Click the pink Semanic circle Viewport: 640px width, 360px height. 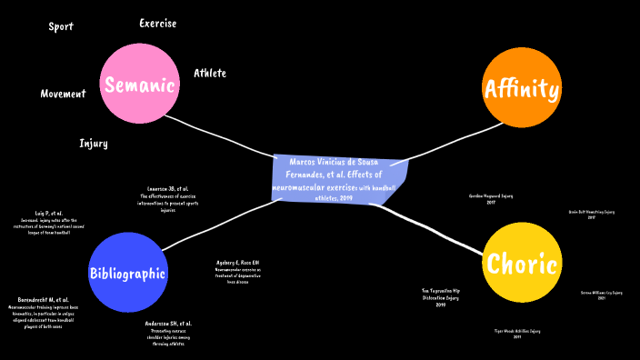tap(139, 85)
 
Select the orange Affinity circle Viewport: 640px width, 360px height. tap(521, 88)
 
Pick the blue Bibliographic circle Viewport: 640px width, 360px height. tap(127, 272)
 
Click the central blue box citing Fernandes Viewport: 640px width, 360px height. tap(338, 179)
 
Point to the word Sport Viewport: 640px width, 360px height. tap(61, 26)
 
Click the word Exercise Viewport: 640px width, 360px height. tap(157, 23)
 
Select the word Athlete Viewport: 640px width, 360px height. tap(209, 73)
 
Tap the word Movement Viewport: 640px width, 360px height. tap(63, 94)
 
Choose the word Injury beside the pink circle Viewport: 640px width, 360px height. tap(94, 144)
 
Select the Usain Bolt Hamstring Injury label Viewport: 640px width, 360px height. tap(591, 215)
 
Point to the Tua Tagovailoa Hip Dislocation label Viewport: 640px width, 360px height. tap(440, 297)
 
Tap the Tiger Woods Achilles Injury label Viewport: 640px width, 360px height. tap(516, 334)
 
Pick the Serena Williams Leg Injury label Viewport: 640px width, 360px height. tap(601, 295)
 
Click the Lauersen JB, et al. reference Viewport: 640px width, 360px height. tap(168, 199)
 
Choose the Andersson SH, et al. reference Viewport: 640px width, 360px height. tap(168, 333)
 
